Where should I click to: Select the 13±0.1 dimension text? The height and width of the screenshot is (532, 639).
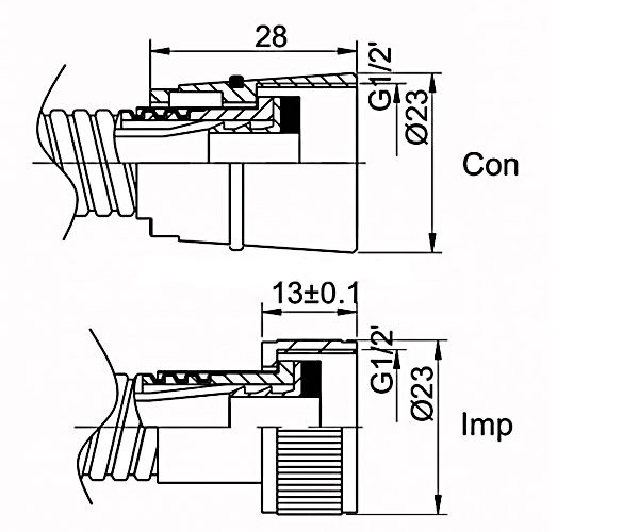pyautogui.click(x=315, y=293)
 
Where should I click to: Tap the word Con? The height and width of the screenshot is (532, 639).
pyautogui.click(x=490, y=165)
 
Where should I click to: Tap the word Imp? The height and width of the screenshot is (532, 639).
pyautogui.click(x=487, y=426)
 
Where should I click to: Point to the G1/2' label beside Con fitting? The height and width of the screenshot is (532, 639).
pyautogui.click(x=380, y=78)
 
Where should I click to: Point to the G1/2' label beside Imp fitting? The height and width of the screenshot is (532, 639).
pyautogui.click(x=381, y=361)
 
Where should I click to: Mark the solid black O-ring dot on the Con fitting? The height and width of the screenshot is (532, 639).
pyautogui.click(x=236, y=81)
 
